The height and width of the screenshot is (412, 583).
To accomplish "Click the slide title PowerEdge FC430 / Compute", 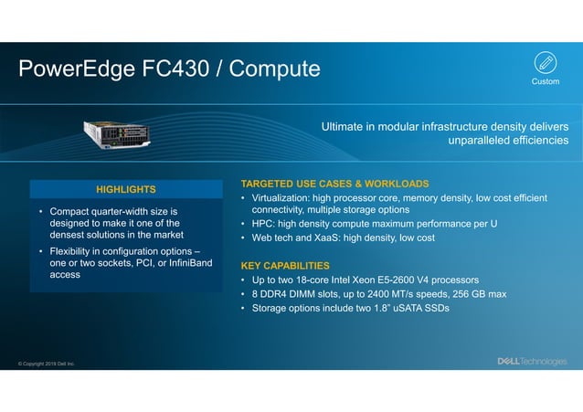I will coord(170,69).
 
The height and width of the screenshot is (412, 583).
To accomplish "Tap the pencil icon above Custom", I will coord(545,63).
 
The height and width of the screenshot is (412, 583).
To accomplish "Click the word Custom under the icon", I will coord(545,82).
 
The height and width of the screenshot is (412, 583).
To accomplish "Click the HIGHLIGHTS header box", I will coord(126,189).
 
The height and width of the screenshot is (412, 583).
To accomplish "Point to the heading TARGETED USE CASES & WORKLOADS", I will coord(334,184).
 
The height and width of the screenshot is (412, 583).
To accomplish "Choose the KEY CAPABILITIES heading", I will coord(284,265).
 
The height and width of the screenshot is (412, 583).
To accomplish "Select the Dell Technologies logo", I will coord(531,362).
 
